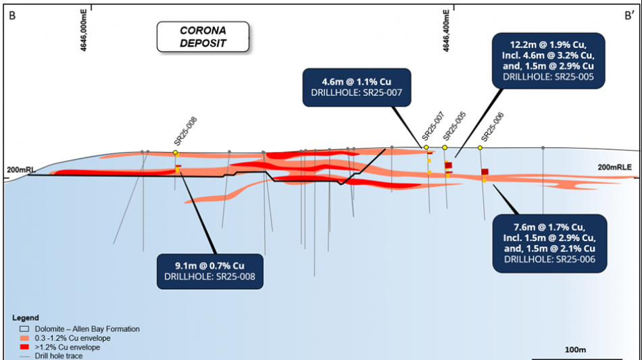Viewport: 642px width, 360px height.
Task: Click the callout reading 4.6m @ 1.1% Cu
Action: click(357, 86)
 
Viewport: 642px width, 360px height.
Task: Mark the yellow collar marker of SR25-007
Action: click(426, 147)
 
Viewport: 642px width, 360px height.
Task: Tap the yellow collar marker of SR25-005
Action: click(445, 147)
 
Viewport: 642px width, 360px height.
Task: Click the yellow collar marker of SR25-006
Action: click(480, 148)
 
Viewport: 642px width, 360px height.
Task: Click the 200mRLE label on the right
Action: click(614, 167)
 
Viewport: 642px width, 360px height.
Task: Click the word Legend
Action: click(26, 317)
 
